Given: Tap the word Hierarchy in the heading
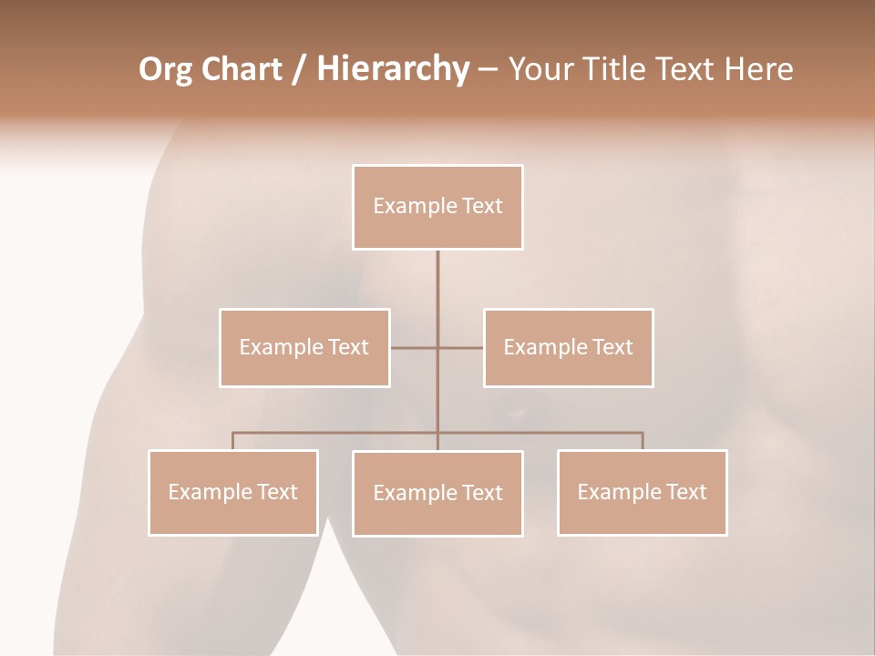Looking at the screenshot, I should [x=392, y=69].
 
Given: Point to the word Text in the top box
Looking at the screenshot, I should [x=482, y=206].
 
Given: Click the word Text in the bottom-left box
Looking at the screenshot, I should [x=277, y=492].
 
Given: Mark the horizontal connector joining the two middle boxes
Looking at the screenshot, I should [x=415, y=348].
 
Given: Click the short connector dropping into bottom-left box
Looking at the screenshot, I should [x=233, y=441].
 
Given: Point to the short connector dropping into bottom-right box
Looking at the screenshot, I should [x=642, y=441].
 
